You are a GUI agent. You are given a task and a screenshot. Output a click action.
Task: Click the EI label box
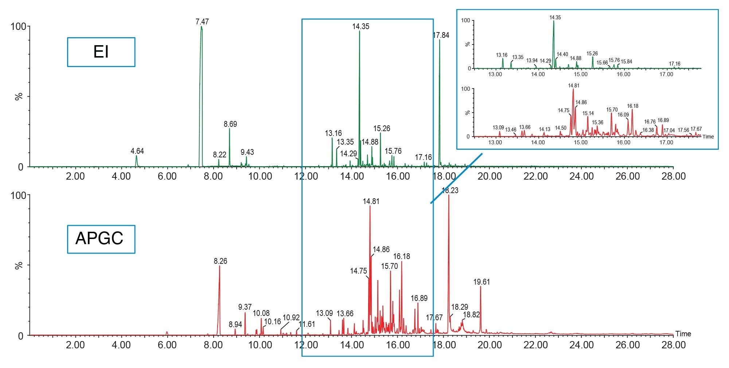click(x=101, y=52)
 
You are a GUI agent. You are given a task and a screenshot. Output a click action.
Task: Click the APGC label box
click(x=101, y=239)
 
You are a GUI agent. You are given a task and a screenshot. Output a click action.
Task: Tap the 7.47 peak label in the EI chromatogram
click(x=202, y=22)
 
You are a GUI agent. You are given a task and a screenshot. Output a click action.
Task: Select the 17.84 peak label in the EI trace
click(x=441, y=35)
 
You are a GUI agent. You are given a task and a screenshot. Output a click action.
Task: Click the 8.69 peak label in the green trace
click(x=230, y=124)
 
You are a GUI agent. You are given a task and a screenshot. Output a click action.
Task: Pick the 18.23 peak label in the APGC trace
click(x=450, y=190)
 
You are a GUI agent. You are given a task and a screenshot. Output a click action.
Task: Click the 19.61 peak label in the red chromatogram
click(x=482, y=282)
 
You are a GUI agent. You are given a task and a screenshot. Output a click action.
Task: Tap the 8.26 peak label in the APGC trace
click(x=220, y=261)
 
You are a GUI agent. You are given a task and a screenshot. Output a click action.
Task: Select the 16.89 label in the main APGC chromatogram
click(x=419, y=298)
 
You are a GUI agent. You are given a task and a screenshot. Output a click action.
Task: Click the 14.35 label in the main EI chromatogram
click(x=360, y=27)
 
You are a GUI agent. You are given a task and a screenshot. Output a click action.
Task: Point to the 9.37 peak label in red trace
click(x=245, y=307)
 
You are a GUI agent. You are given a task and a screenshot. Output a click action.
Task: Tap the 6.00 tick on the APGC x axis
click(x=167, y=345)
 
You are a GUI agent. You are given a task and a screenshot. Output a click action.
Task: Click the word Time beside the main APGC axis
click(x=683, y=334)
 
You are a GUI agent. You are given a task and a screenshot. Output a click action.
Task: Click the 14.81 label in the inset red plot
click(x=573, y=86)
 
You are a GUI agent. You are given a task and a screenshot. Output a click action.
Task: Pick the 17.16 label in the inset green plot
click(x=674, y=64)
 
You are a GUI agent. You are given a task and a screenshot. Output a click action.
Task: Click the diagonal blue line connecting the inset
click(x=456, y=178)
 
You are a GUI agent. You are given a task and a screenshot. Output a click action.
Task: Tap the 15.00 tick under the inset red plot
click(x=581, y=142)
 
